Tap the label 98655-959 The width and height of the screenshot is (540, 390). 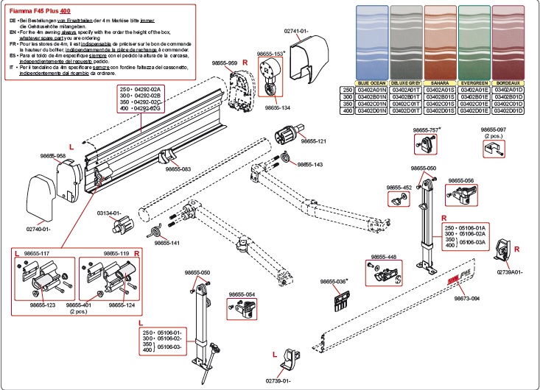(x=224, y=63)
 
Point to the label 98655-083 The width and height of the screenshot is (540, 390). (x=178, y=169)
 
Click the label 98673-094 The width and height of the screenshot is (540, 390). (x=466, y=298)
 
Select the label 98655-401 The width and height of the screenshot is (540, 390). (x=79, y=304)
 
